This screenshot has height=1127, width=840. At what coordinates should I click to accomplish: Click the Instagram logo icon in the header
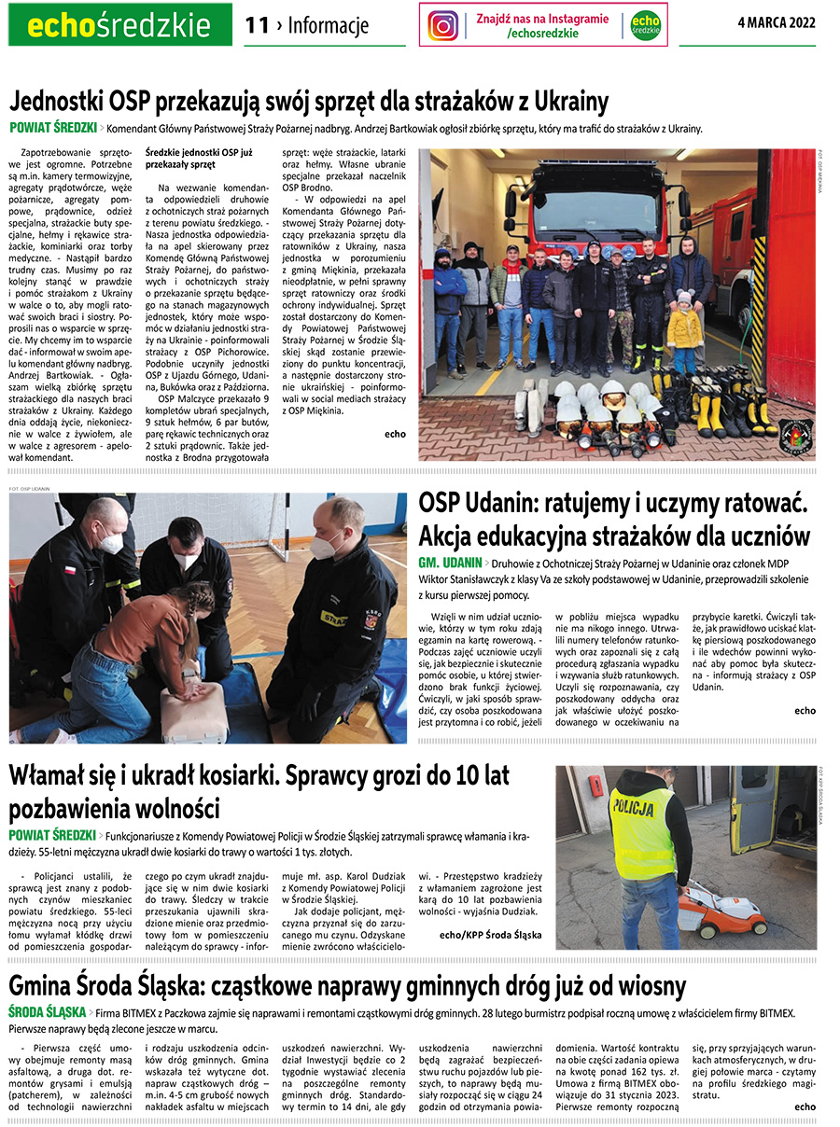click(x=443, y=25)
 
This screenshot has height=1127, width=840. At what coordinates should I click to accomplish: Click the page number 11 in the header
click(x=257, y=25)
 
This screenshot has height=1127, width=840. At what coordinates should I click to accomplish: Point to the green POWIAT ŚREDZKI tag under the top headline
click(x=53, y=128)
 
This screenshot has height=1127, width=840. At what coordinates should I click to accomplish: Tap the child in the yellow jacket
click(x=684, y=332)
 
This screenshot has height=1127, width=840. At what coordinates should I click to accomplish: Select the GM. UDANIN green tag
click(x=450, y=563)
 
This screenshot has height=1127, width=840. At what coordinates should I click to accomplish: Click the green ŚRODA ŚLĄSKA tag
click(x=47, y=1012)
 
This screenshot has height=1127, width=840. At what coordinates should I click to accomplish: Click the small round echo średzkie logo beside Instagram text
click(x=645, y=25)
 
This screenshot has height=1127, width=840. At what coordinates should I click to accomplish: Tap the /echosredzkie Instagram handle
click(x=542, y=34)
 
